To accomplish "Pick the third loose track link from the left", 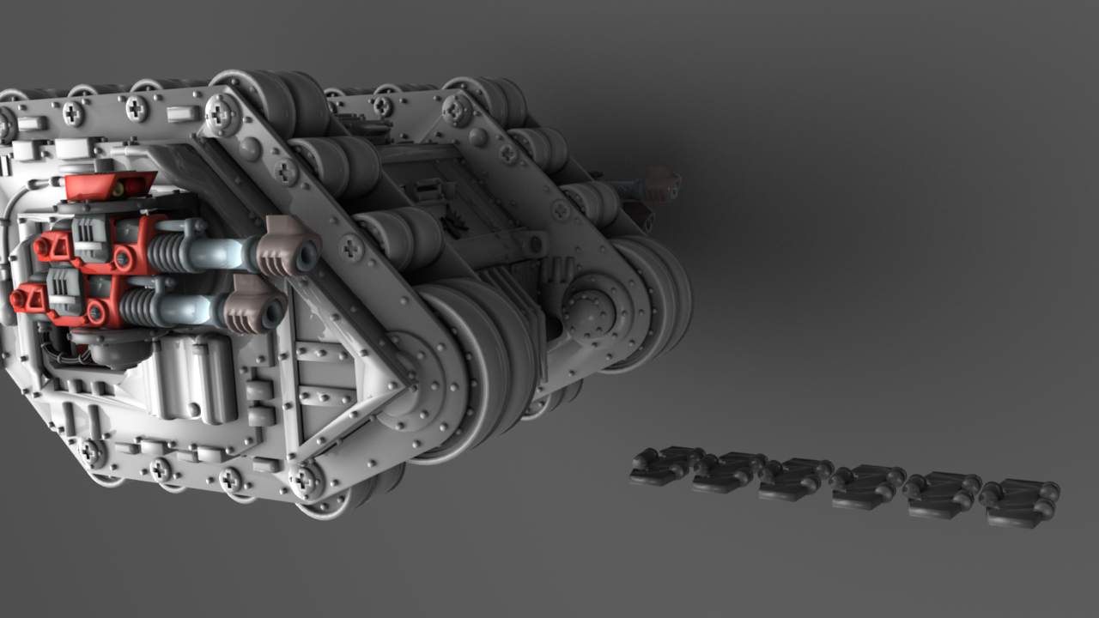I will [794, 480].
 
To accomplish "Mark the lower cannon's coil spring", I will [137, 306].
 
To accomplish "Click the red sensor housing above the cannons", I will [110, 185].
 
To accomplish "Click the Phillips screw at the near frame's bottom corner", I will [305, 480].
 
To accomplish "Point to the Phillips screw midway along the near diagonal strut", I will [352, 248].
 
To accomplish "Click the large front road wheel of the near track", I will [468, 369].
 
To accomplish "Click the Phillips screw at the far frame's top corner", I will [458, 110].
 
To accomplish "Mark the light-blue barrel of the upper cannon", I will [215, 252].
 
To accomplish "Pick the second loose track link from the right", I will [943, 494].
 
